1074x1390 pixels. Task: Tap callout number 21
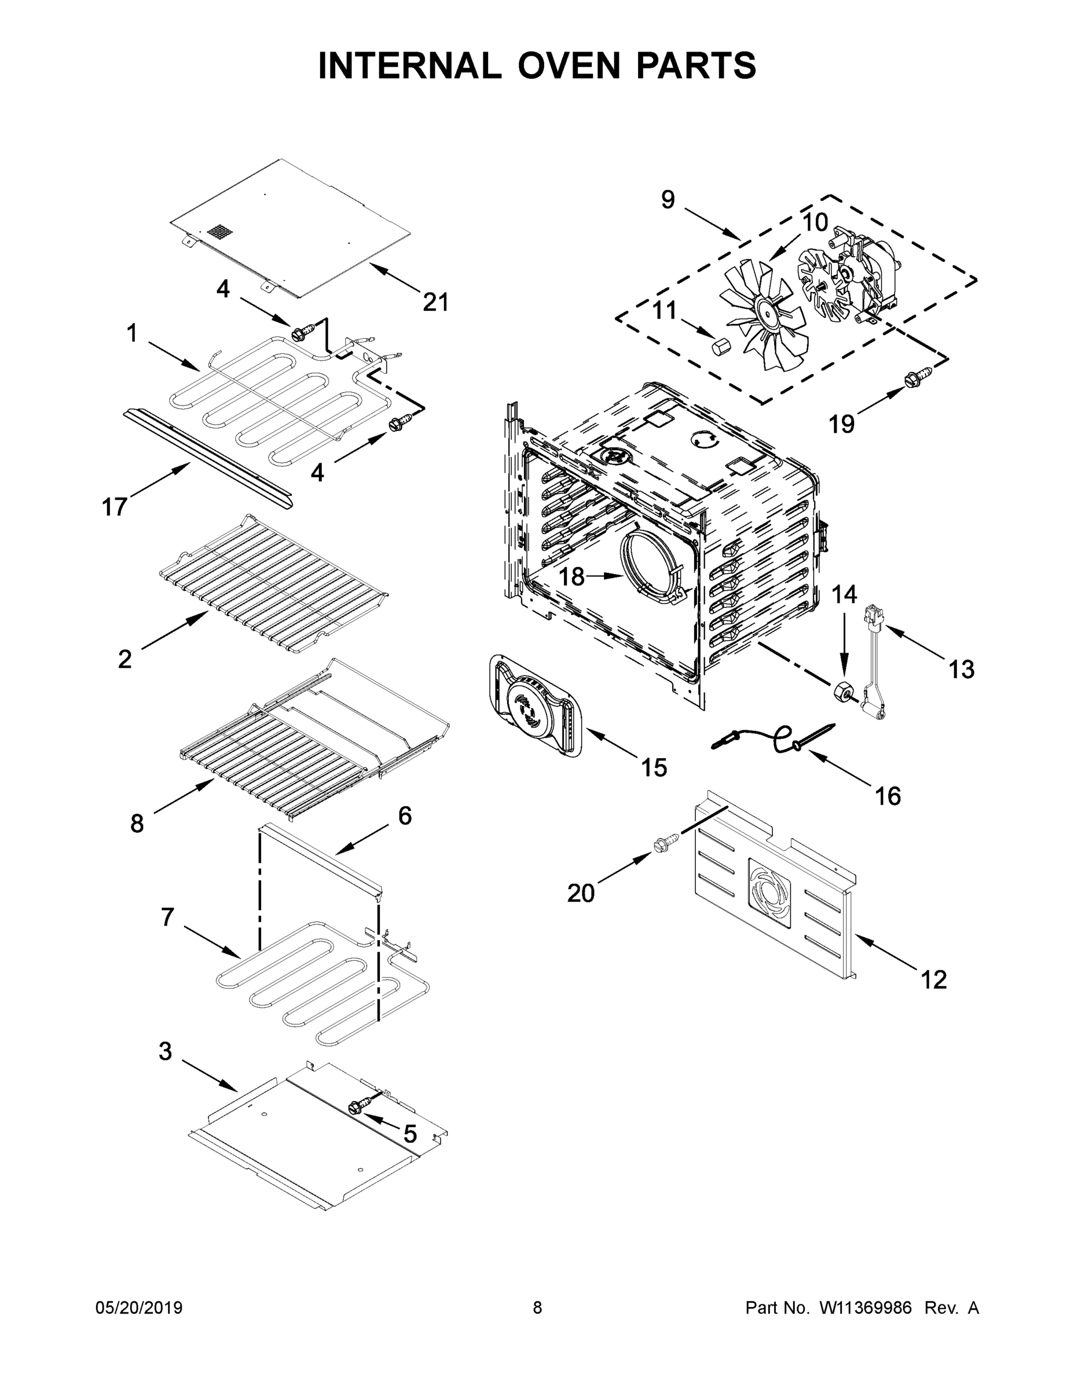pos(436,302)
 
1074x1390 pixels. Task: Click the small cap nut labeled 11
pos(721,348)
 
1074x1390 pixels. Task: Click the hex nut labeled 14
pos(843,690)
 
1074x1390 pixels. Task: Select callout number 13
pos(961,669)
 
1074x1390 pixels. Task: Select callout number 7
pos(167,917)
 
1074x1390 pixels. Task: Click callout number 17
pos(115,507)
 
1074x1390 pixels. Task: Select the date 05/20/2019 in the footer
pos(139,1307)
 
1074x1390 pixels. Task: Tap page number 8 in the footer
pos(537,1307)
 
